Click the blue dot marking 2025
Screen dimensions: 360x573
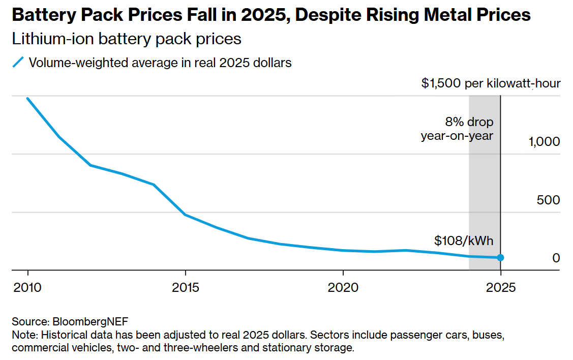click(500, 258)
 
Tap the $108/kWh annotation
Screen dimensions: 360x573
click(464, 241)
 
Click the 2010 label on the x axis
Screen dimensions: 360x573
click(27, 288)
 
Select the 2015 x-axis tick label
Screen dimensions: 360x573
click(186, 288)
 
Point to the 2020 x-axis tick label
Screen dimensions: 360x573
click(343, 288)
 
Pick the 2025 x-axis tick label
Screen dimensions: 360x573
click(501, 288)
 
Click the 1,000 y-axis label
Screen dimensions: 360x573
click(544, 141)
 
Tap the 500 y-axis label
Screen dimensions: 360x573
click(548, 200)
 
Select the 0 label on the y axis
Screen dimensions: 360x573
click(556, 258)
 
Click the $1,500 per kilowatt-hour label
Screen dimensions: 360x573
click(491, 83)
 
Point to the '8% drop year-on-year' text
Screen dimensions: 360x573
click(458, 129)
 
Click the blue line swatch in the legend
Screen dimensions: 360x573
click(18, 63)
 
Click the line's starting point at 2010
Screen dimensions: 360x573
click(27, 99)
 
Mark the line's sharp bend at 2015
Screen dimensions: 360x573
click(186, 215)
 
